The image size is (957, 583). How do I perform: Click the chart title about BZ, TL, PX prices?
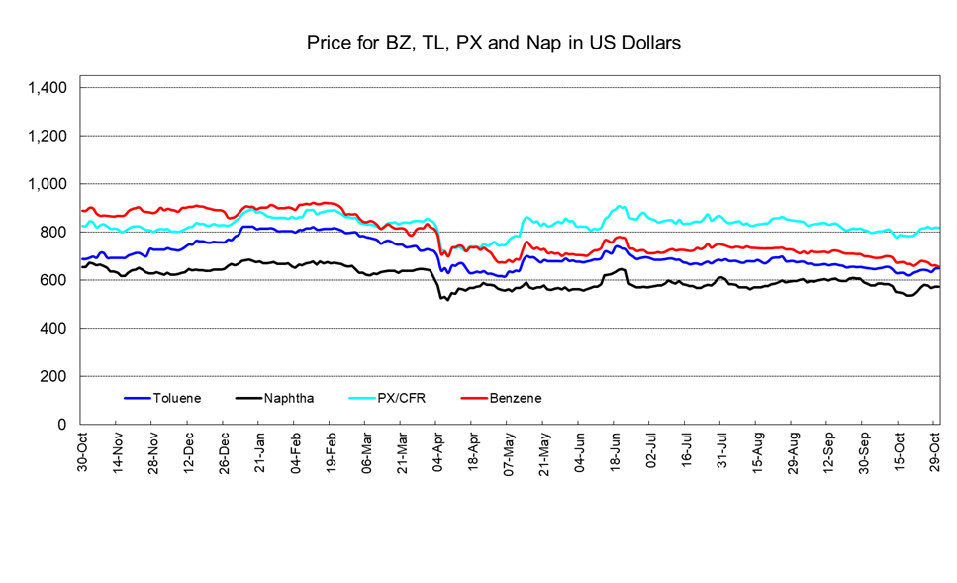pyautogui.click(x=493, y=43)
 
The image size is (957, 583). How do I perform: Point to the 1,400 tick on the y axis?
pyautogui.click(x=48, y=88)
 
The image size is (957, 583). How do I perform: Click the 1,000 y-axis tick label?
pyautogui.click(x=48, y=184)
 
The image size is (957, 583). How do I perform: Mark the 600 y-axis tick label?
pyautogui.click(x=54, y=280)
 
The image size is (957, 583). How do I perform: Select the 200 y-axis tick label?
pyautogui.click(x=54, y=376)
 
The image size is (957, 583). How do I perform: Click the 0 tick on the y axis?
pyautogui.click(x=62, y=425)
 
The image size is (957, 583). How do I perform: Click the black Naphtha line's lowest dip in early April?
pyautogui.click(x=447, y=299)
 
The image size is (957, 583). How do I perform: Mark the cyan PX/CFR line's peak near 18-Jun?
pyautogui.click(x=621, y=206)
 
